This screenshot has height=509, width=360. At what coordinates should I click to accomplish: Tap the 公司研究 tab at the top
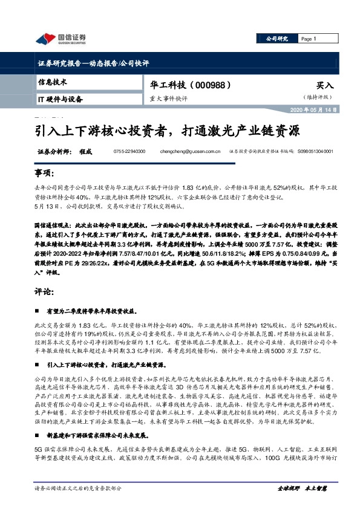[x=277, y=39]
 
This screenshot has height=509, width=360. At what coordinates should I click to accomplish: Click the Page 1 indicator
[x=309, y=39]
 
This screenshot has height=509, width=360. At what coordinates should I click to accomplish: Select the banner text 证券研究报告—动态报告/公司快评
[x=89, y=62]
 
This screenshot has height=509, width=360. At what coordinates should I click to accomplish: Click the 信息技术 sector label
[x=53, y=82]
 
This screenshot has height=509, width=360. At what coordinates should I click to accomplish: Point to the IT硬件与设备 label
[x=60, y=99]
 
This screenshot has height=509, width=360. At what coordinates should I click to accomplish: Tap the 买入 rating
[x=324, y=86]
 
